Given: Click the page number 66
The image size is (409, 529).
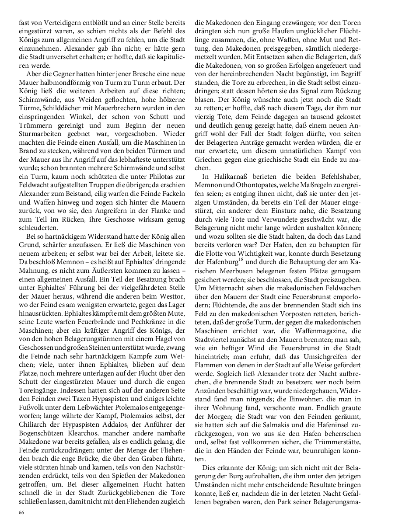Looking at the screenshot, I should coord(21,512).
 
